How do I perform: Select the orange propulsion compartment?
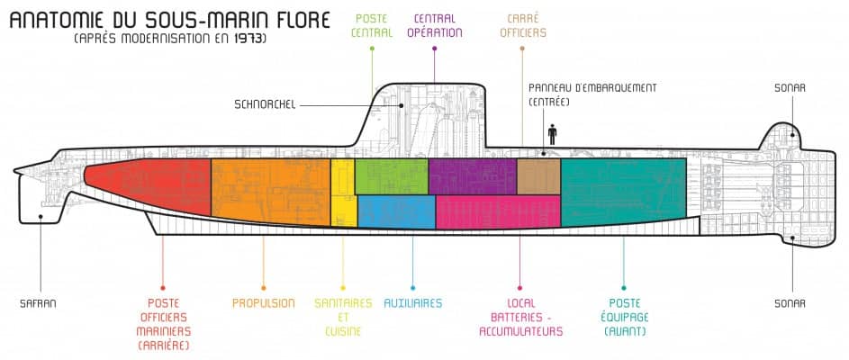(x=270, y=191)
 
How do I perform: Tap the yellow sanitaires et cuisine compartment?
(x=343, y=192)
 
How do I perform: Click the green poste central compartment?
(x=391, y=175)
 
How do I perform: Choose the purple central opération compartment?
(x=472, y=176)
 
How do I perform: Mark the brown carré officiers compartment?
(x=538, y=175)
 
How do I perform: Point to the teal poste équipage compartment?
(x=622, y=191)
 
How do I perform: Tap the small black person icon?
(x=552, y=134)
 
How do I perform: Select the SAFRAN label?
(x=38, y=303)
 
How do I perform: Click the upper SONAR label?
(x=789, y=87)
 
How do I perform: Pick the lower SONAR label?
(x=789, y=303)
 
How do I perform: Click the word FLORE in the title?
(x=291, y=18)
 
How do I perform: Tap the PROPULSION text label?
(x=263, y=303)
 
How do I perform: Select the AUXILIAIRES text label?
(x=412, y=303)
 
